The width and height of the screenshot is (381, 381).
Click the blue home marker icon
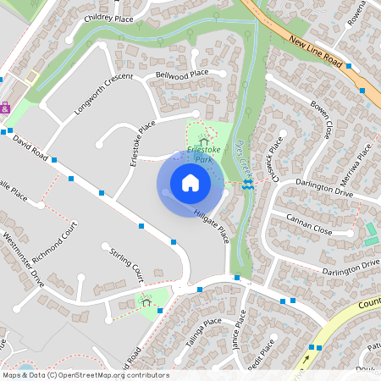point(190,183)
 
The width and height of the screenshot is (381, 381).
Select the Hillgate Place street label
point(211,227)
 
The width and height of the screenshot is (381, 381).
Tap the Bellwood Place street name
point(182,75)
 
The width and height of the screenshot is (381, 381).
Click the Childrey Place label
point(108,17)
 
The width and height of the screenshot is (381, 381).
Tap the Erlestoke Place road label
point(141,142)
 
